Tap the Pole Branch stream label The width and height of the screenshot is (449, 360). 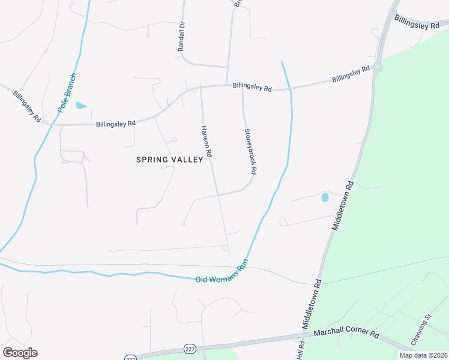click(67, 93)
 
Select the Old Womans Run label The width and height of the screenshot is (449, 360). click(221, 272)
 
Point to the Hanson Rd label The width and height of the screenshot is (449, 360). click(206, 142)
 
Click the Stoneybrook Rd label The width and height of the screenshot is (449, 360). click(250, 152)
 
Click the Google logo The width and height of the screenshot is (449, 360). click(20, 353)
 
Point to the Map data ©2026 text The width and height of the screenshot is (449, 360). click(424, 355)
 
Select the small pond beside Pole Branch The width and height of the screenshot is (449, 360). click(80, 106)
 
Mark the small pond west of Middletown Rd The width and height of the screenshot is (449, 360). click(325, 197)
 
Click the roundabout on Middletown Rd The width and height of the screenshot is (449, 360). click(378, 67)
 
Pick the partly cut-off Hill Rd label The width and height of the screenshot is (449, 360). click(301, 351)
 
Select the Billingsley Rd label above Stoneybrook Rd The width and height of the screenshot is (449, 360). click(252, 88)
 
